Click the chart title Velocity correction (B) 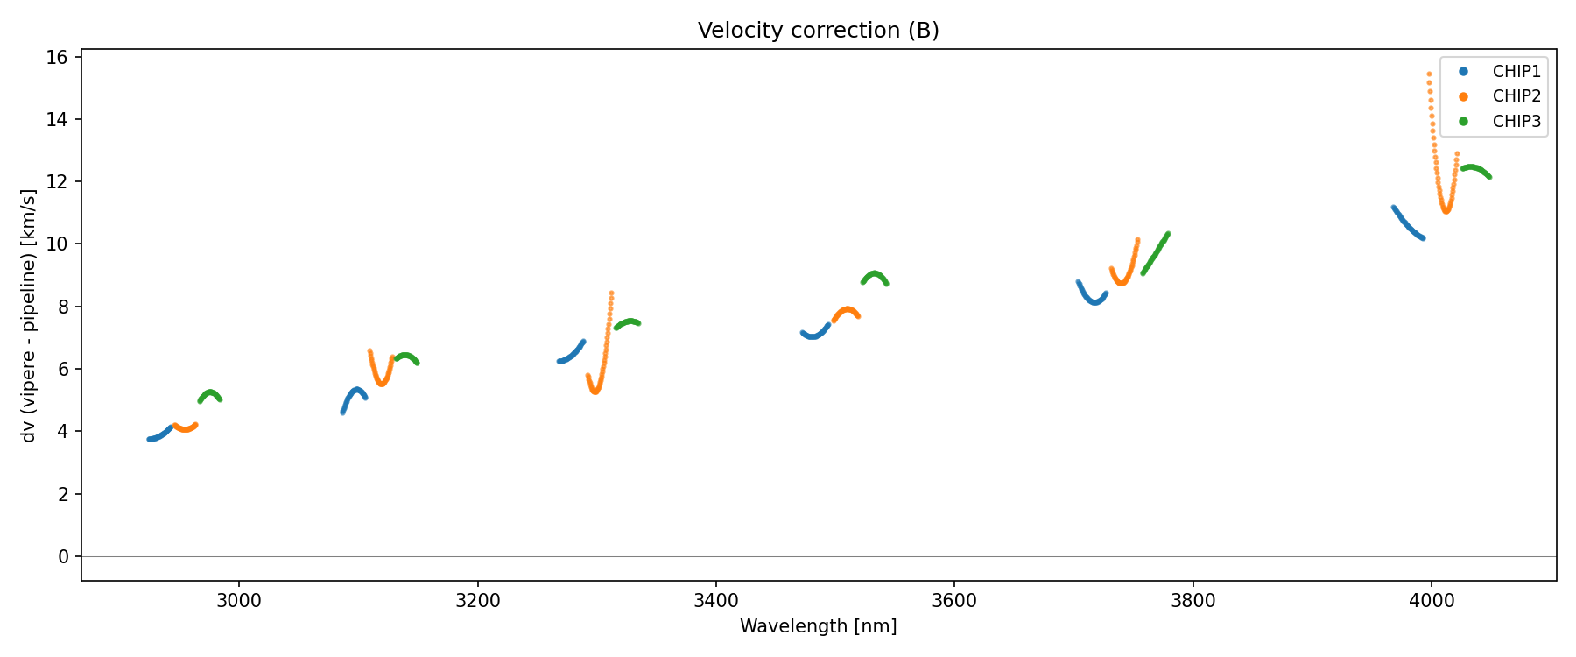click(x=818, y=31)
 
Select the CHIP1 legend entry click(x=1516, y=72)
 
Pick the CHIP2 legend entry click(x=1516, y=96)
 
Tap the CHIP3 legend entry click(x=1516, y=122)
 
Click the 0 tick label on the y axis click(x=63, y=557)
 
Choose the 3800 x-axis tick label click(x=1193, y=601)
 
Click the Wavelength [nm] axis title click(x=818, y=626)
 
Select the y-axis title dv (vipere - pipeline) click(x=30, y=315)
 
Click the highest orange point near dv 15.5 click(x=1429, y=74)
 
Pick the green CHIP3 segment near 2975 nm click(x=210, y=392)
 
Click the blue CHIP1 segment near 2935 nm click(x=158, y=437)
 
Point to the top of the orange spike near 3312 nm click(x=611, y=293)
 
